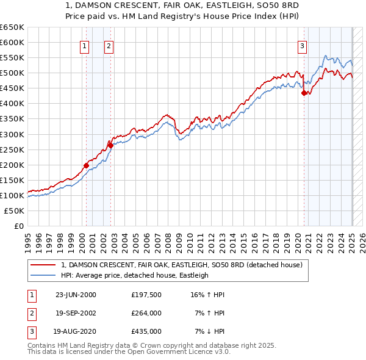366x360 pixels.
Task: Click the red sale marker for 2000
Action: coord(86,165)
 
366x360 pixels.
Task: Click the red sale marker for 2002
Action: coord(110,145)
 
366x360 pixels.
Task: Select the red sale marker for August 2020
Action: coord(304,93)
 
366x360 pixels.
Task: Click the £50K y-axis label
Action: coord(15,211)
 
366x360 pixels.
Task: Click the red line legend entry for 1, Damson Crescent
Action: coord(177,265)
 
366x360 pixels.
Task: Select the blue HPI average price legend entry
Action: coord(134,275)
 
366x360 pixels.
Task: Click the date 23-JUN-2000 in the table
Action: coord(76,295)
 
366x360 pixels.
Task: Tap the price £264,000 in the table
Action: coord(146,313)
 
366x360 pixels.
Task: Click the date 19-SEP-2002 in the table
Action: coord(76,313)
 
